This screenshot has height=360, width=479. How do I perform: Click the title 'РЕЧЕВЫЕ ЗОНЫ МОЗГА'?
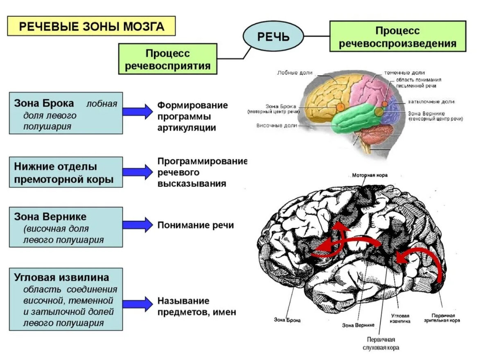92,27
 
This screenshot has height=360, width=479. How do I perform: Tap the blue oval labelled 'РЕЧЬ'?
273,36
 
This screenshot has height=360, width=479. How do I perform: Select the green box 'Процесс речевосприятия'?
167,59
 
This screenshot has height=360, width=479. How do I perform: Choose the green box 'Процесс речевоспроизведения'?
398,36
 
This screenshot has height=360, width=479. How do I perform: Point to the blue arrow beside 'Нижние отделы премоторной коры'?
138,172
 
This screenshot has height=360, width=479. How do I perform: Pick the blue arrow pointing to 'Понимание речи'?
138,225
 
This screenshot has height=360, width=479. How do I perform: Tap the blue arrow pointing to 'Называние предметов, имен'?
138,303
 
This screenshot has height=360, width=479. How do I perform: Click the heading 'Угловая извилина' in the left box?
61,278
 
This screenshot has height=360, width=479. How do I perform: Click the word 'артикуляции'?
187,127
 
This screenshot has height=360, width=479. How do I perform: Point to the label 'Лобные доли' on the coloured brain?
301,73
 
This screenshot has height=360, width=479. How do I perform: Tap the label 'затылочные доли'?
431,101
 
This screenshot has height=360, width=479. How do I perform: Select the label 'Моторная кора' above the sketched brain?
370,175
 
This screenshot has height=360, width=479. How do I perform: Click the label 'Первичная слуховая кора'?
381,344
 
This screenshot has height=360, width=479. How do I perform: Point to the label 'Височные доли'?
277,126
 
